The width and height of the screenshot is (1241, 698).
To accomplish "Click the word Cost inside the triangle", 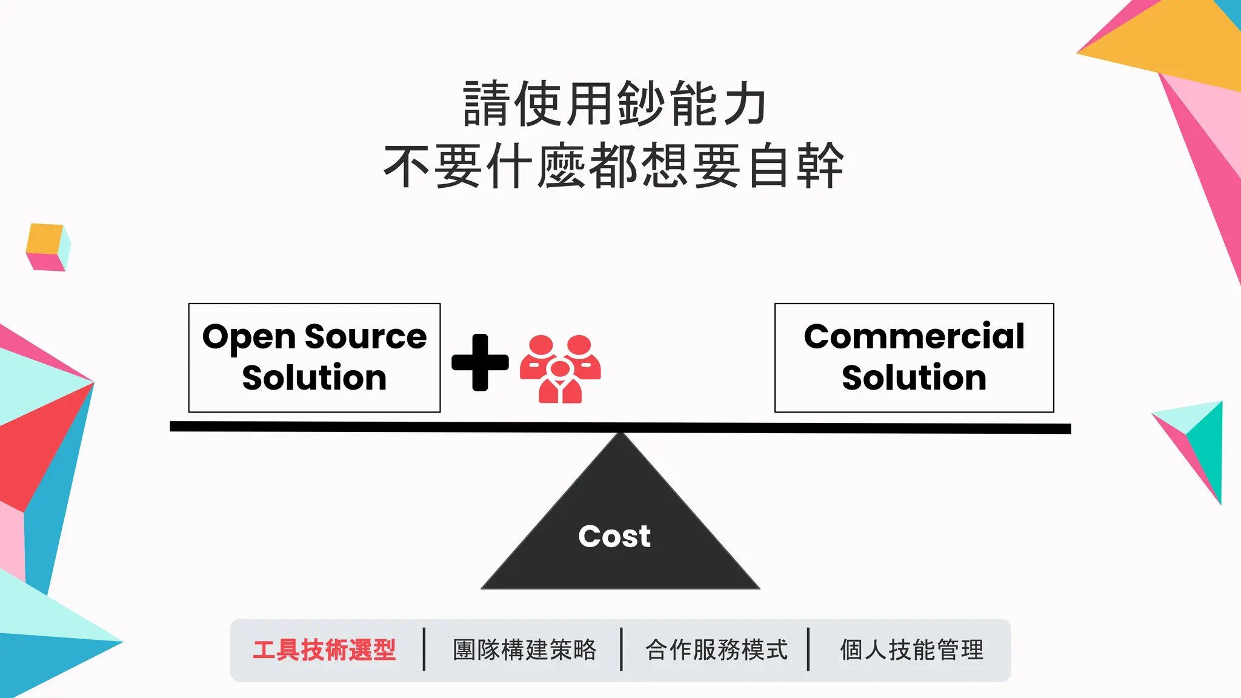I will coord(614,536).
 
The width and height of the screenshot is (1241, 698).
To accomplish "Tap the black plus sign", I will coord(480,362).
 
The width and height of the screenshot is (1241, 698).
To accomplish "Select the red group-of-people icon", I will coord(561,368).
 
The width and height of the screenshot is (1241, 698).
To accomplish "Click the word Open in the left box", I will coord(248,337).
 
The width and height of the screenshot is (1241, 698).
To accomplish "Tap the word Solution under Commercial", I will coord(914,377).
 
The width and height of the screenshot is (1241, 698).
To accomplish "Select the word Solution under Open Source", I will coord(314,377).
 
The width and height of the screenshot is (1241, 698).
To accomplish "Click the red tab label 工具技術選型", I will coord(324,650).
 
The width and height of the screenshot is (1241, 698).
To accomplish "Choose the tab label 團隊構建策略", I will coord(525,650).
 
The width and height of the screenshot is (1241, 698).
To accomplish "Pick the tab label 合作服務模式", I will coord(716,650).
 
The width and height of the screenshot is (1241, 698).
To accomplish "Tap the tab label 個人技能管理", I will coord(911,650).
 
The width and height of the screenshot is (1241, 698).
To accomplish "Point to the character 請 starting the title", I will coord(486,104).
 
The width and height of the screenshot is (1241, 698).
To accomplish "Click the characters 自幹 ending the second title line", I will coord(795,166).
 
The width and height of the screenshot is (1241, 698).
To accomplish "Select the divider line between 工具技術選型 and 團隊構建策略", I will coord(424,650).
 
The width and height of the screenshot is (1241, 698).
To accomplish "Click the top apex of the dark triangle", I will coord(620,435).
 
